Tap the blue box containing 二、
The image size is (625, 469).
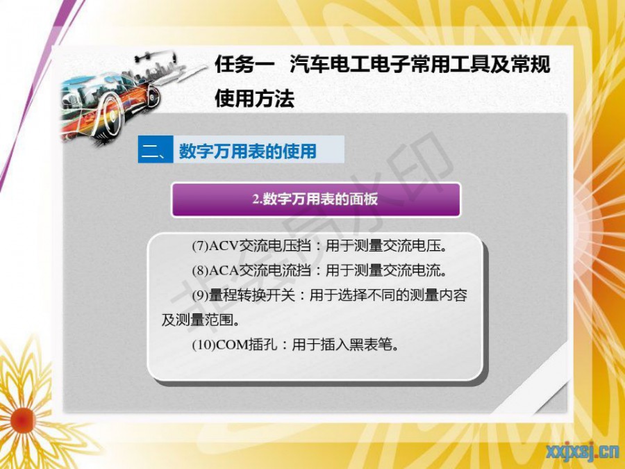(x=156, y=149)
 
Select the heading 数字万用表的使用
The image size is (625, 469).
(x=247, y=151)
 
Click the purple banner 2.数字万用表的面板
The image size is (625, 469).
(x=316, y=199)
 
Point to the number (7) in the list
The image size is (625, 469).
(x=200, y=246)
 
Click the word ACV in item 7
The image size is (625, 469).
(x=223, y=246)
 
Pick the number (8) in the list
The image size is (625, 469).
(x=200, y=271)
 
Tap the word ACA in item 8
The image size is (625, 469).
(x=223, y=271)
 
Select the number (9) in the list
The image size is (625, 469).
(x=200, y=295)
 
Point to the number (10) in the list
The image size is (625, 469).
(x=203, y=345)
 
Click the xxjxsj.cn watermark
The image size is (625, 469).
(x=583, y=452)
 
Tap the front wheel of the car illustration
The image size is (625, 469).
(x=111, y=114)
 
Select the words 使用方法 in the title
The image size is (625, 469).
(x=255, y=98)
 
